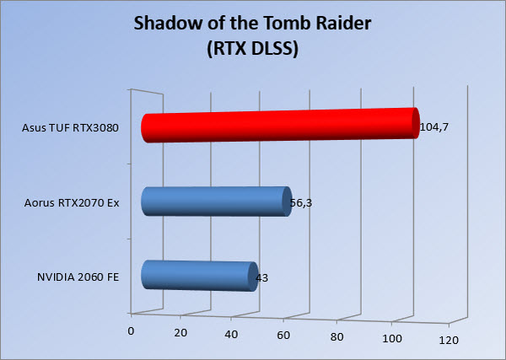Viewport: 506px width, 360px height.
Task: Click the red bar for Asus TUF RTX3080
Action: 281,125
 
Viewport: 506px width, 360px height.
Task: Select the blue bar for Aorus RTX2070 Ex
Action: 217,201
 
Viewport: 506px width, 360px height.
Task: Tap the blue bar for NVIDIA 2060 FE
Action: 200,277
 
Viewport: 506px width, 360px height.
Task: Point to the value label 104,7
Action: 434,127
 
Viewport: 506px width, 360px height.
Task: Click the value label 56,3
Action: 301,203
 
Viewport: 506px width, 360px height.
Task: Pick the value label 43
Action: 261,277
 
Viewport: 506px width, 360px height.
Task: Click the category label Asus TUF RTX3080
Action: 70,128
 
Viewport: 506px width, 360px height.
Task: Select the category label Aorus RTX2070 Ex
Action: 72,203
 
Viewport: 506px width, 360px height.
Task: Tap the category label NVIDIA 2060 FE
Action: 78,277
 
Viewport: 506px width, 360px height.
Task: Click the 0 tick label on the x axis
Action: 131,331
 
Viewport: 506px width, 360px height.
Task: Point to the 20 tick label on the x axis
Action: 180,333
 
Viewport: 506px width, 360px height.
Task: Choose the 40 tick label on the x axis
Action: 231,334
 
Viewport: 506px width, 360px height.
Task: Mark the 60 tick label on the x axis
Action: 283,336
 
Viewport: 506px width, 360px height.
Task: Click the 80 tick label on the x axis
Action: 336,337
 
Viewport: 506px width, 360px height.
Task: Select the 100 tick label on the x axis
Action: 392,339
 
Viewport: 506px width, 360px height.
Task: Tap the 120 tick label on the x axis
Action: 449,340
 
